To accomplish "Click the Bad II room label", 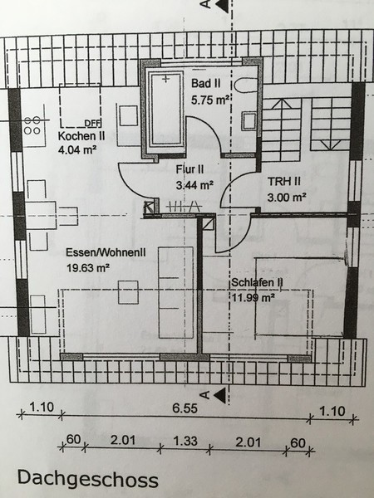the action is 206,84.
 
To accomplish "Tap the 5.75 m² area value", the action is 210,100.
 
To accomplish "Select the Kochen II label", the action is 81,136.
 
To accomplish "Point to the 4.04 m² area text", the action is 77,149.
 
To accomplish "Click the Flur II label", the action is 190,169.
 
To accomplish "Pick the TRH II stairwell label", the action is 284,181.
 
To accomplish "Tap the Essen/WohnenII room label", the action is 106,252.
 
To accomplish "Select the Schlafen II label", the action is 257,282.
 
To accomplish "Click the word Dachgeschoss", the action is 88,479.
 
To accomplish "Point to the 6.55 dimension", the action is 185,408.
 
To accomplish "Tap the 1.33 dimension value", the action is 185,441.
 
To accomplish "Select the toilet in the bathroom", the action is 246,85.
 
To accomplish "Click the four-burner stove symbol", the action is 32,125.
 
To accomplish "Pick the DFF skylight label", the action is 92,123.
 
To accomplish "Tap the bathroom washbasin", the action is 249,121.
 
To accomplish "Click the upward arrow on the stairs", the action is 282,105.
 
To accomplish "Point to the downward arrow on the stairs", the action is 331,145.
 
